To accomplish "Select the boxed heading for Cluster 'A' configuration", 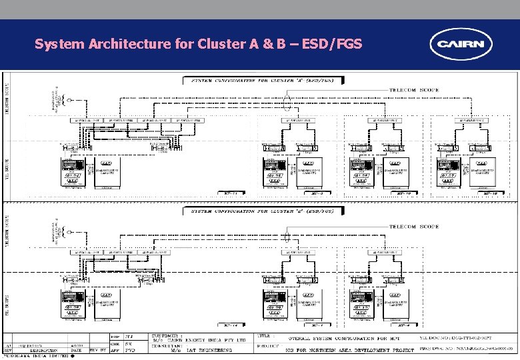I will (x=265, y=81).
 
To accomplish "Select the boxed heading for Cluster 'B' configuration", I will (x=264, y=211).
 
